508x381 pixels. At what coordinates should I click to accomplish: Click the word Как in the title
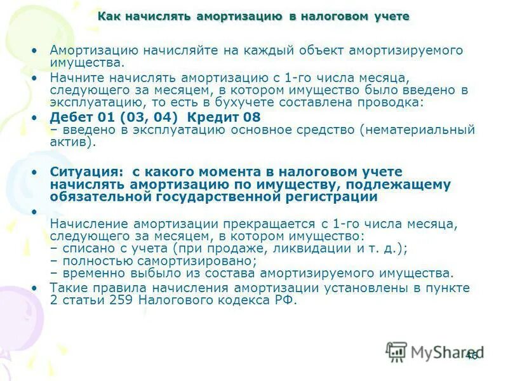(x=109, y=17)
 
